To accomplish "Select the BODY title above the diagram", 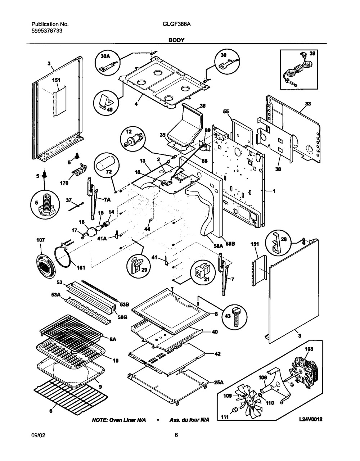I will pyautogui.click(x=176, y=40).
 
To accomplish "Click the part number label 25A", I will pyautogui.click(x=218, y=383).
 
